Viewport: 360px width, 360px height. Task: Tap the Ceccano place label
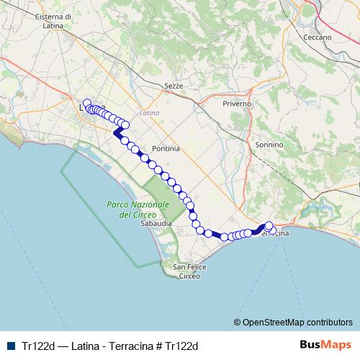coord(318,37)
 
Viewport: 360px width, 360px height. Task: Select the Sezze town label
coord(174,86)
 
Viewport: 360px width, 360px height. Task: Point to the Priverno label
coord(238,104)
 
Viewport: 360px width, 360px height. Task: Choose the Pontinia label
coord(166,148)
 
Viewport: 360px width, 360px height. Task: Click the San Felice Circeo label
coord(190,271)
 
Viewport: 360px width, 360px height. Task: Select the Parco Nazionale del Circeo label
coord(137,210)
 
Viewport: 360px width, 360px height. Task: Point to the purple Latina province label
coord(150,113)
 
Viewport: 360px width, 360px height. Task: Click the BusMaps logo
coord(325,344)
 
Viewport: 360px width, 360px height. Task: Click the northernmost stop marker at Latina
coord(87,103)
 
